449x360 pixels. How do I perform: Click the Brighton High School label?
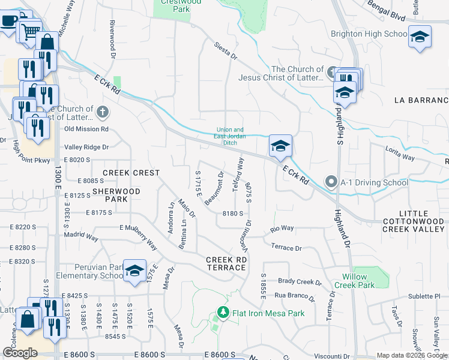369,34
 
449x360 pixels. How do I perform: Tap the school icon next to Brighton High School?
420,36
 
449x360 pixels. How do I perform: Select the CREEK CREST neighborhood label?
131,173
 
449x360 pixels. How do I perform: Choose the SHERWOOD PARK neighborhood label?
116,195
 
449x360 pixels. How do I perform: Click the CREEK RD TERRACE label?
227,264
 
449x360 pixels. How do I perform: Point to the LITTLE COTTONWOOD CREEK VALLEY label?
414,221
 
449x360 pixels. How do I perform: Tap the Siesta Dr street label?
226,52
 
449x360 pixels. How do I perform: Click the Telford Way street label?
238,174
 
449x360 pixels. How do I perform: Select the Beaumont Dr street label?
214,188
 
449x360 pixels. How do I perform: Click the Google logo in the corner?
20,353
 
